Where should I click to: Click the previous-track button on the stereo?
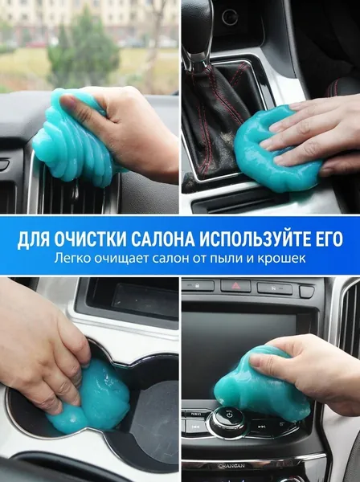click(195, 427)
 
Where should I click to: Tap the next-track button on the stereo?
click(262, 427)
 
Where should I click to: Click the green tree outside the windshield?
click(84, 52)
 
